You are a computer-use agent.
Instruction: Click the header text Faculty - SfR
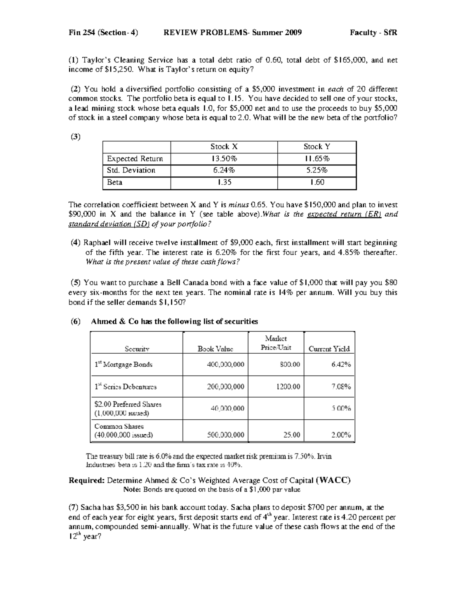pyautogui.click(x=373, y=33)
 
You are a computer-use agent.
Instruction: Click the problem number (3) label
pyautogui.click(x=75, y=136)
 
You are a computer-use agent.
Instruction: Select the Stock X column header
pyautogui.click(x=224, y=147)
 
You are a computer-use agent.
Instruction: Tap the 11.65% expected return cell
pyautogui.click(x=317, y=158)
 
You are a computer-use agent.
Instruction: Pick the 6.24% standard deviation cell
pyautogui.click(x=224, y=170)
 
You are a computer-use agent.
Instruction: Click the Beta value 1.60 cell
pyautogui.click(x=317, y=182)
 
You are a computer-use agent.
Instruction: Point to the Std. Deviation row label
pyautogui.click(x=131, y=170)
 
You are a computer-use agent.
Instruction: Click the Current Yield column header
pyautogui.click(x=329, y=349)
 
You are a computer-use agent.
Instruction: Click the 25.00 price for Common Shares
pyautogui.click(x=292, y=435)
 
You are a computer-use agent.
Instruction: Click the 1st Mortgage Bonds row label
pyautogui.click(x=123, y=365)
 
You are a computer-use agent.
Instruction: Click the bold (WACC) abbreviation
pyautogui.click(x=334, y=480)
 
